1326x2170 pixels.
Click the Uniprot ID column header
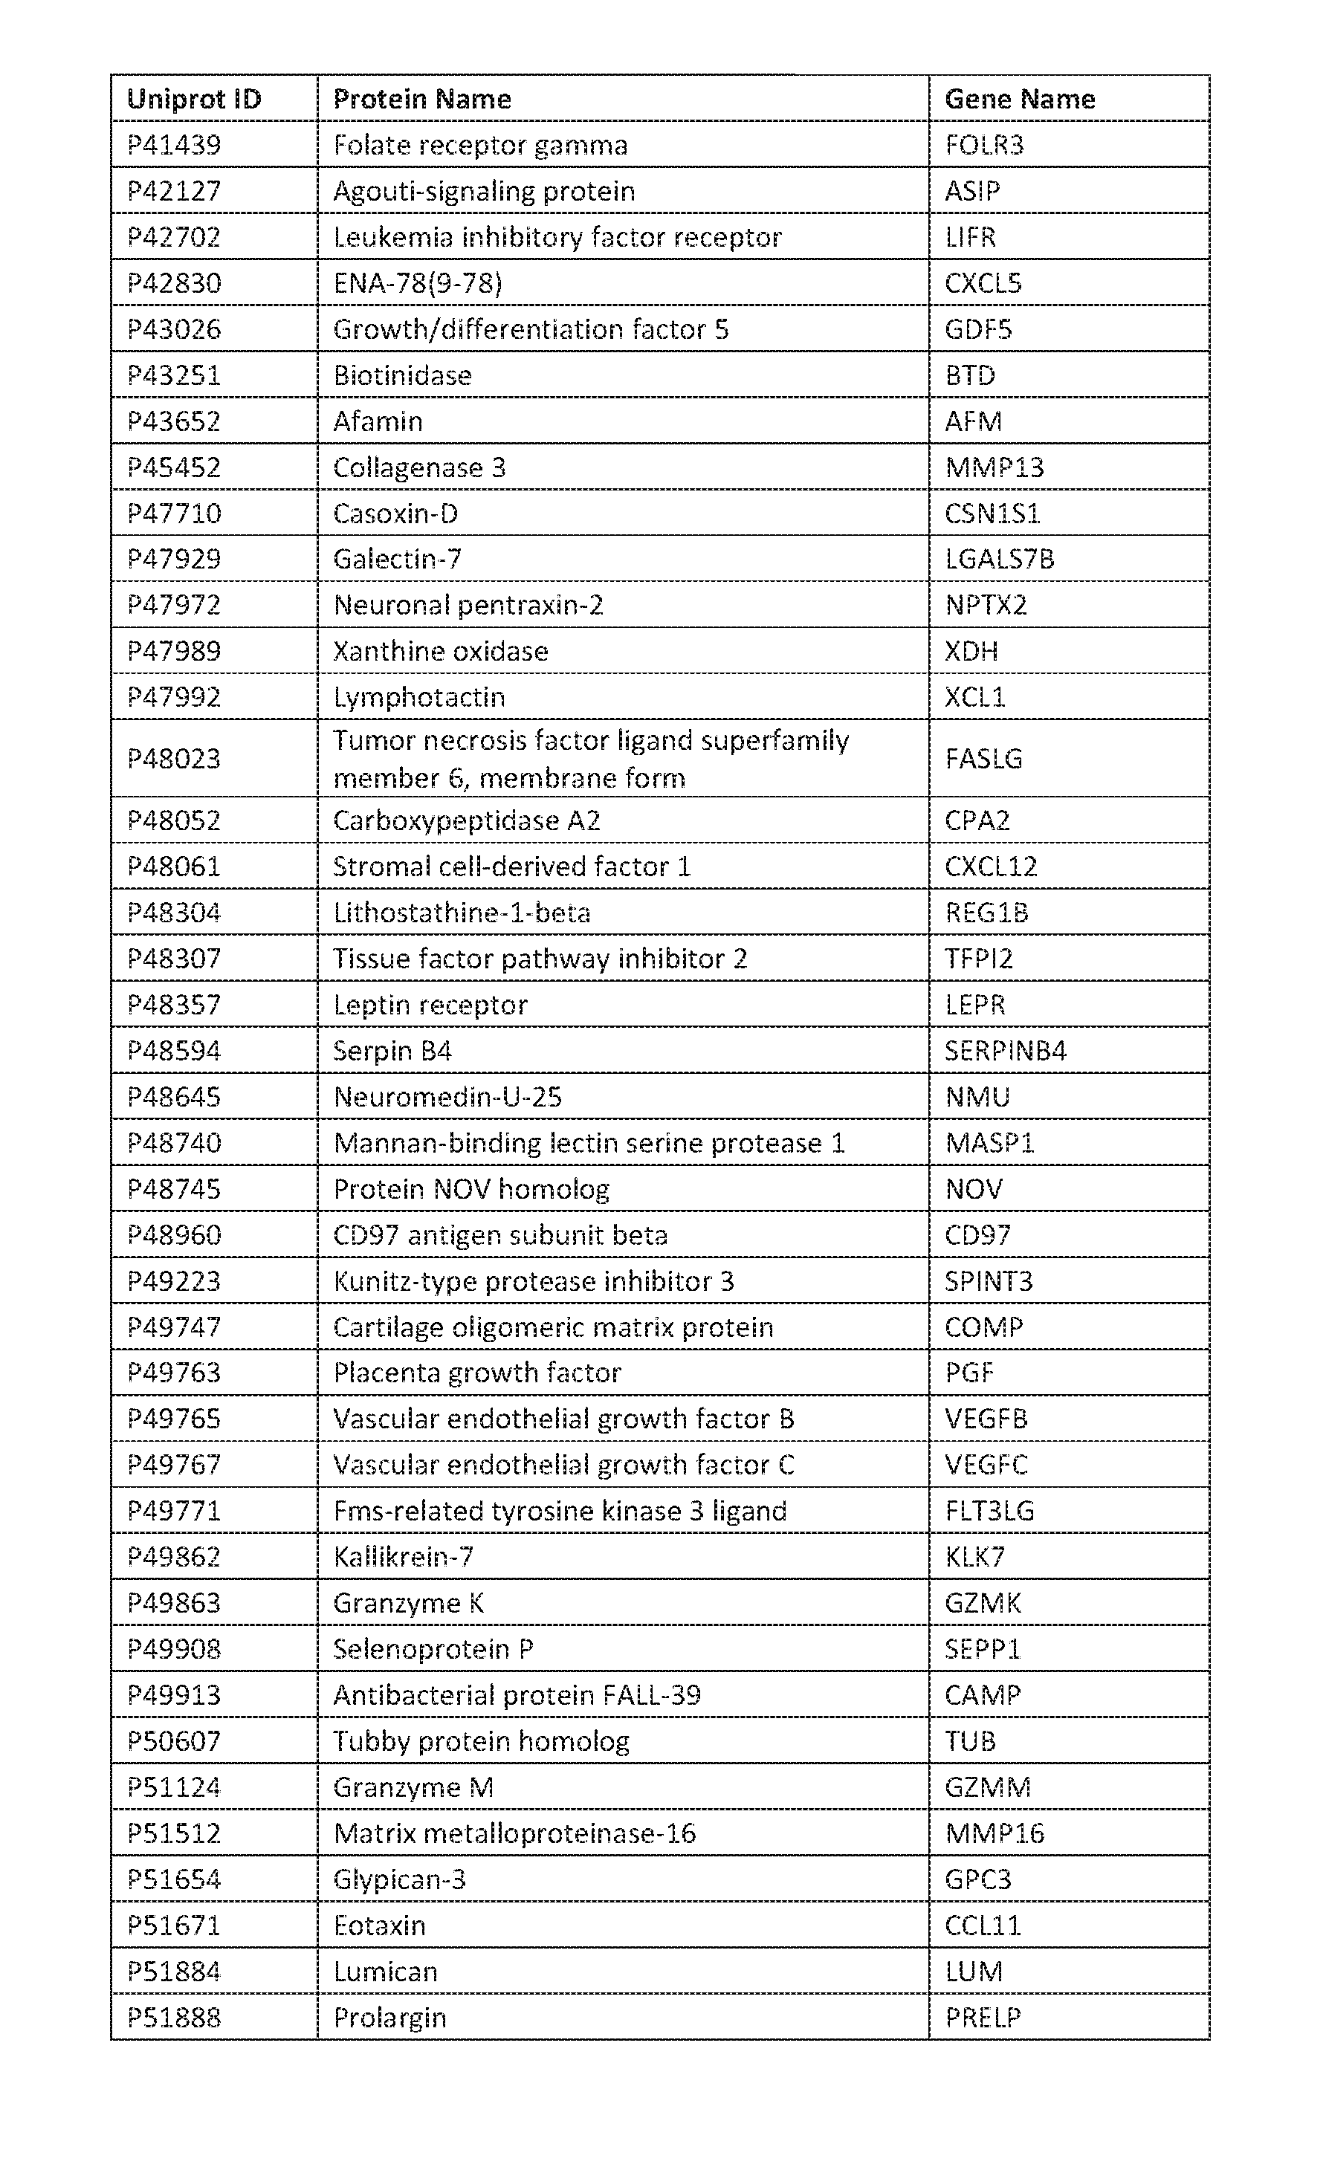pos(194,99)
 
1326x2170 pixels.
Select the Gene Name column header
pos(1019,99)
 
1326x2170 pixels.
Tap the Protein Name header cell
pos(422,99)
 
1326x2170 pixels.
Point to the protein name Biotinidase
pos(402,375)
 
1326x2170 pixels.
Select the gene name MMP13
pos(994,467)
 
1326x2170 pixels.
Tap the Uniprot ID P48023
pos(174,758)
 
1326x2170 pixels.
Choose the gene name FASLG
pos(983,758)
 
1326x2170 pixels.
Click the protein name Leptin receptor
pos(430,1005)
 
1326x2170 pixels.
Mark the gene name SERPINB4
pos(1006,1051)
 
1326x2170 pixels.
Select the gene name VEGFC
pos(986,1464)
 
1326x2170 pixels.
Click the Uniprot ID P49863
pos(174,1602)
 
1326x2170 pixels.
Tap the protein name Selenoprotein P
pos(433,1648)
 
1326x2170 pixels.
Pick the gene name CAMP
pos(983,1694)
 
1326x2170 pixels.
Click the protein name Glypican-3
pos(399,1879)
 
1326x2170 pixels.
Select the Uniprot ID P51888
pos(174,2017)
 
